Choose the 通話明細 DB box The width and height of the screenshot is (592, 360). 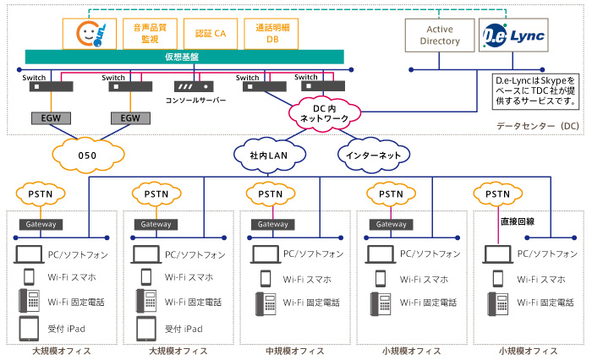pos(269,33)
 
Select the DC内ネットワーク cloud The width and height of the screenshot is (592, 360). pos(324,114)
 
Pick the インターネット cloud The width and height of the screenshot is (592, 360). pos(370,155)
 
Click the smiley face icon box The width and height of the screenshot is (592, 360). pos(89,33)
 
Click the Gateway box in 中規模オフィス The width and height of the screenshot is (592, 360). pos(271,225)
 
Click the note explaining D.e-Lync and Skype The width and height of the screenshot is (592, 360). pos(535,89)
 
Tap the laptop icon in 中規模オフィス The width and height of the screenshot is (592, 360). pos(264,254)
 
